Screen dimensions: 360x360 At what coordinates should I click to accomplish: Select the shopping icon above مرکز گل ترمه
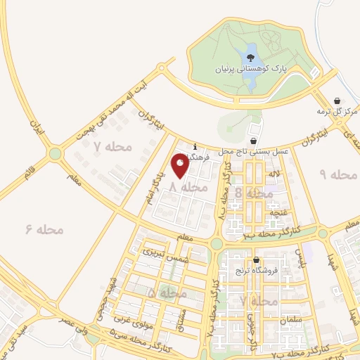point(337,101)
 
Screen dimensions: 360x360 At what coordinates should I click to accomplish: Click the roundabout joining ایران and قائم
point(55,154)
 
